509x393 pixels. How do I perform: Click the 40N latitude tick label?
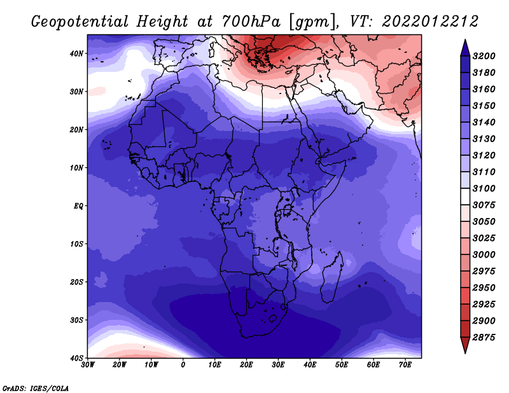point(76,53)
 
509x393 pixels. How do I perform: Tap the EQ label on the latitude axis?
point(78,206)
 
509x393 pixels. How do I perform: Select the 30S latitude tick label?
point(76,320)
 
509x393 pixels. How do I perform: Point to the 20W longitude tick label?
point(119,365)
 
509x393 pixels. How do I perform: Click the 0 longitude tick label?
point(183,365)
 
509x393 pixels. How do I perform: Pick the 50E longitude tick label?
point(342,365)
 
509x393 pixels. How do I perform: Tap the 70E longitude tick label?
point(405,365)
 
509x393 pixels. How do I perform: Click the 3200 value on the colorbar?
point(484,56)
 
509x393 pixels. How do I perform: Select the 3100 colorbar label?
point(484,188)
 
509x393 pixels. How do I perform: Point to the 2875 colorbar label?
point(484,338)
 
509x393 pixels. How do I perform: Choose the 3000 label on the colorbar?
point(484,255)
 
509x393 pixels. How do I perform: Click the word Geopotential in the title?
point(80,22)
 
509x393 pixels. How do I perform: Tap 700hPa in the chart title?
point(251,22)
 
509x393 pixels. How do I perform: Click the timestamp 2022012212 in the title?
point(430,22)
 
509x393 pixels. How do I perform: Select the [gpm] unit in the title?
point(313,22)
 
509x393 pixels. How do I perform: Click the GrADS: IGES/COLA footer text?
point(36,388)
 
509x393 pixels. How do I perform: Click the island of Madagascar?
point(331,277)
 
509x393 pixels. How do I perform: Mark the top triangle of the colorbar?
point(465,48)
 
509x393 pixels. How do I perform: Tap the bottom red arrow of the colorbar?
point(465,345)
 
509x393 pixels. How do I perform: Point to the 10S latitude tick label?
point(76,244)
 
